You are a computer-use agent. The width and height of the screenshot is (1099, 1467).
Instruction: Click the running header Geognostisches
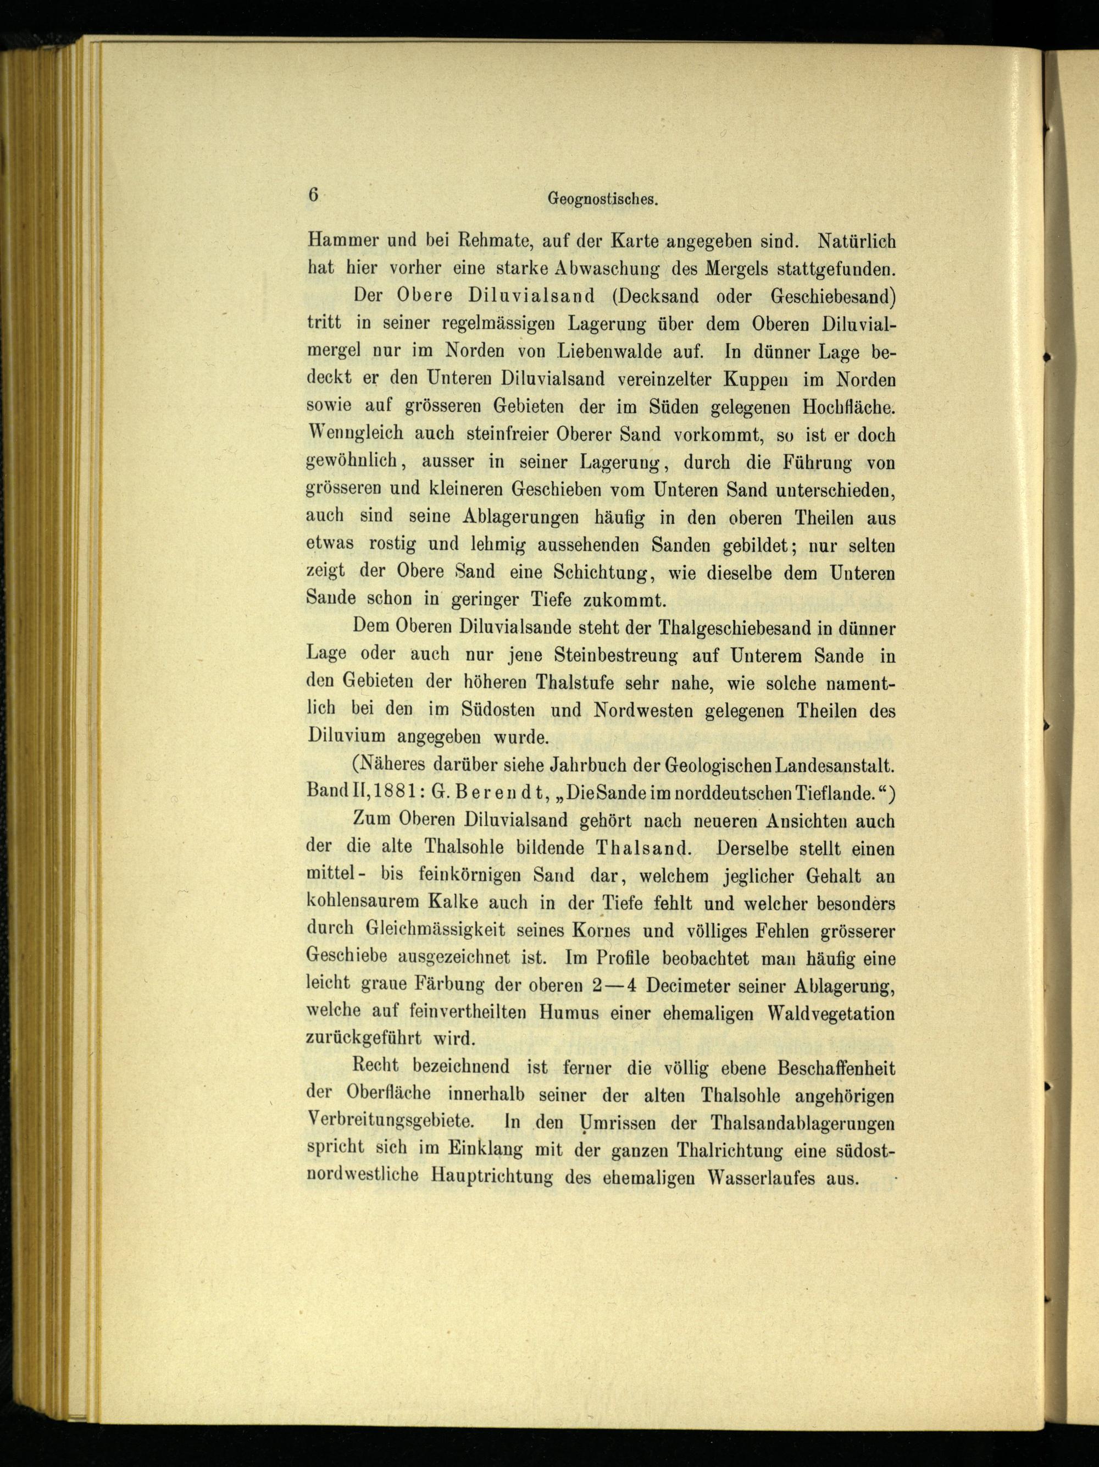pyautogui.click(x=602, y=198)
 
